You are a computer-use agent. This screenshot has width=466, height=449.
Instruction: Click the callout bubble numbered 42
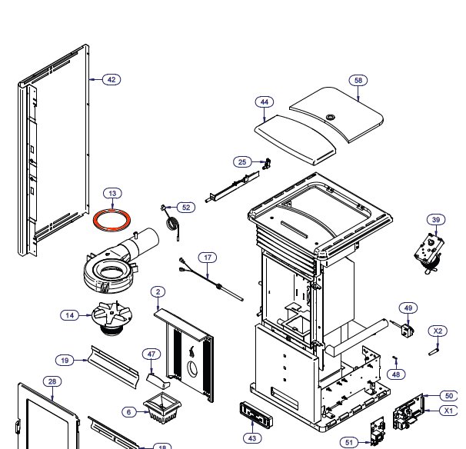pos(112,79)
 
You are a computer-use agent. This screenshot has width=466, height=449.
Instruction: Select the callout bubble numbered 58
pos(358,80)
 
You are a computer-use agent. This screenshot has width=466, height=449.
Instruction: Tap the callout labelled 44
pos(265,102)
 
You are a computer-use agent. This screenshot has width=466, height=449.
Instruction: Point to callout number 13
pos(112,194)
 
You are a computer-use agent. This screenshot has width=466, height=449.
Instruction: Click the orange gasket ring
pos(111,218)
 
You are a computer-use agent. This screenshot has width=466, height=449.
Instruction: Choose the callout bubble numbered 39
pos(436,221)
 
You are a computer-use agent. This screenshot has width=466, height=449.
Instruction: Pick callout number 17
pos(208,257)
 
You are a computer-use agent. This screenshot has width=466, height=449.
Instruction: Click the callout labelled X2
pos(438,331)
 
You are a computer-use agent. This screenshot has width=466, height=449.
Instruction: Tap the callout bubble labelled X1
pos(448,411)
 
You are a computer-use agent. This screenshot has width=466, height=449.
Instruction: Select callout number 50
pos(448,395)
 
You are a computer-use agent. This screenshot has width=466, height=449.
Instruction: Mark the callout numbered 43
pos(252,437)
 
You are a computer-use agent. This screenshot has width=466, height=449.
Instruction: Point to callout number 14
pos(71,315)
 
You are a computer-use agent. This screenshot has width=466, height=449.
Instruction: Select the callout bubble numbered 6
pos(128,412)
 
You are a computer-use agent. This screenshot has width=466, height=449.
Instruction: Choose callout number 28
pos(52,381)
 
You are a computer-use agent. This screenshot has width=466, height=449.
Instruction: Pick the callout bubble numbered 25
pos(243,161)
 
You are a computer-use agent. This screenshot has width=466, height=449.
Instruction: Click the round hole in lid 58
pos(331,117)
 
